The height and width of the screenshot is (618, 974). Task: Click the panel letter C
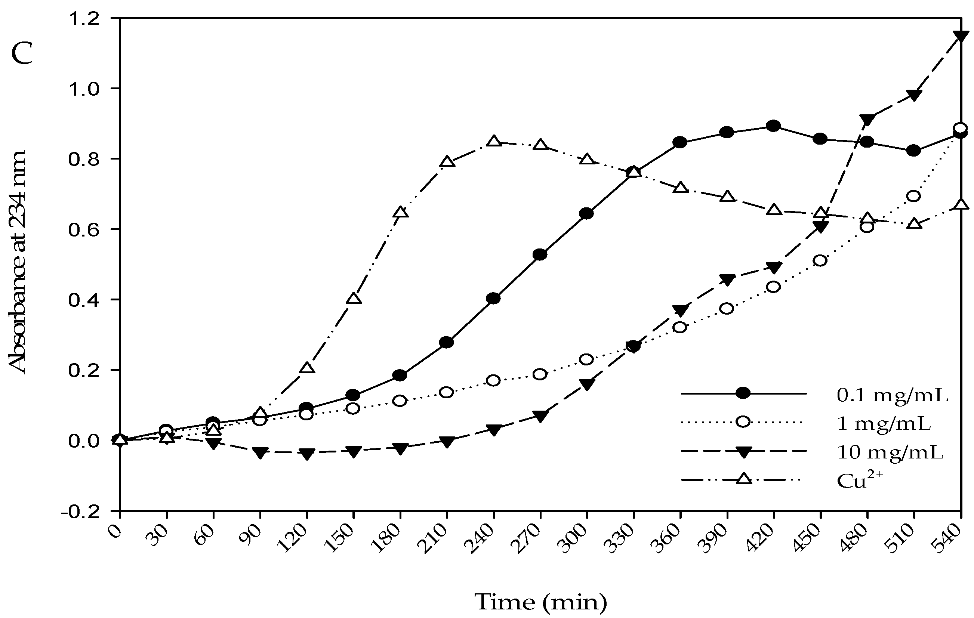22,54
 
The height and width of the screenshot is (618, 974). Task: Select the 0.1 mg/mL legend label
892,396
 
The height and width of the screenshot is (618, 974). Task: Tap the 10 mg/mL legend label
890,452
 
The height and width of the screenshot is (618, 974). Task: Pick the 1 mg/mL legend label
884,424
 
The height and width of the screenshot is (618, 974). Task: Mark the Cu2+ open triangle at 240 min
493,141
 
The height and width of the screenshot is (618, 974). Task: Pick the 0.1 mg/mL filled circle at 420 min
773,126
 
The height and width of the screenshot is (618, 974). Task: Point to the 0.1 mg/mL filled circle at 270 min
540,254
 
